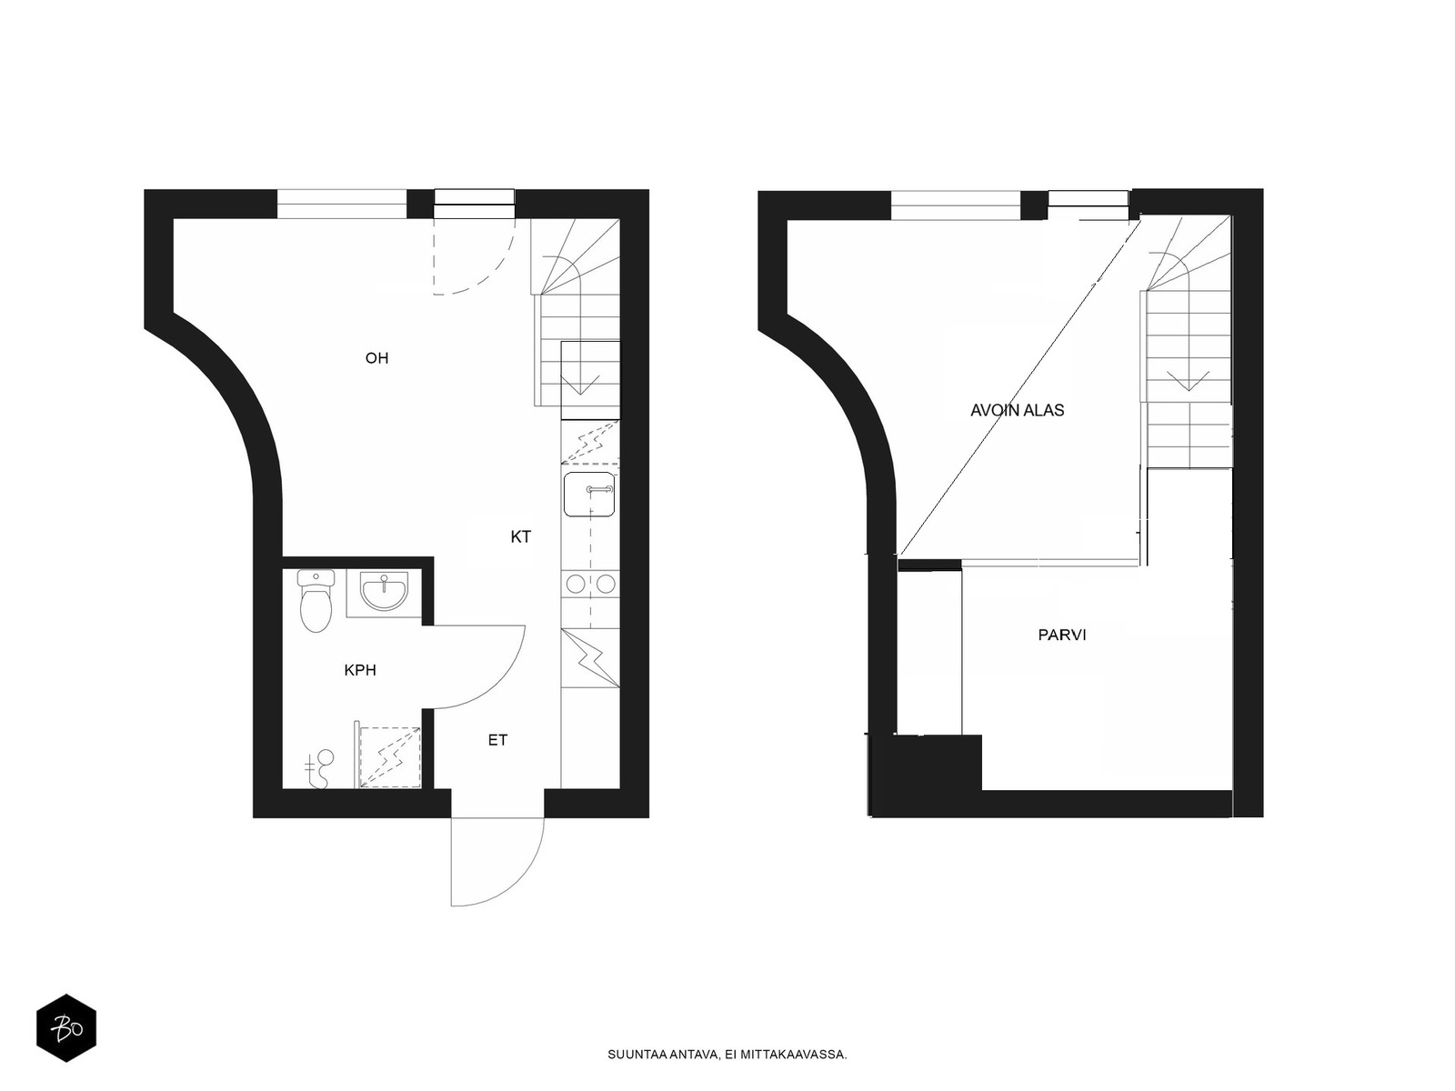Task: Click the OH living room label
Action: [376, 358]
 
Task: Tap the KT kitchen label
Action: [520, 536]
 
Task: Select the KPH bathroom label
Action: [360, 670]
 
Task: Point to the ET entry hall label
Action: [497, 740]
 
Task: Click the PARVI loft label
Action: [1062, 635]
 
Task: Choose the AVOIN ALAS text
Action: [1017, 410]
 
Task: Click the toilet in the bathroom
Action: [315, 601]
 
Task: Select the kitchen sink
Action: [589, 495]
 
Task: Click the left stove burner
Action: [576, 585]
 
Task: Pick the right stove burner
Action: [606, 585]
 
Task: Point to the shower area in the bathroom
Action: [389, 757]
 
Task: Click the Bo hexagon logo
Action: [66, 1028]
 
